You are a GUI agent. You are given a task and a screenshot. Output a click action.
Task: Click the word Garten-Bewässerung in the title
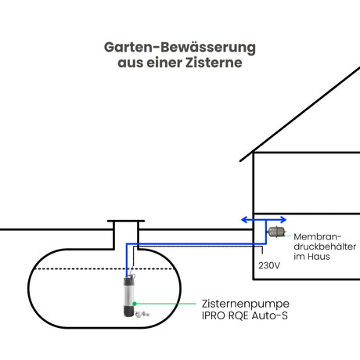coord(180,48)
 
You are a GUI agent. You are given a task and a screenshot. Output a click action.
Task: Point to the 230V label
coord(269,265)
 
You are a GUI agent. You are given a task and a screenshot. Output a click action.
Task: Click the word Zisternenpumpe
coord(246,304)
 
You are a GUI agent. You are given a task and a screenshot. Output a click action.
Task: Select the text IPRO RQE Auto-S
coord(245,315)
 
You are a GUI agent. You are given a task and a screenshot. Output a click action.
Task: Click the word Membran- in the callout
coord(317,237)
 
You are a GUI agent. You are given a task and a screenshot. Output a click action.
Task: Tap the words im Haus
coord(311,257)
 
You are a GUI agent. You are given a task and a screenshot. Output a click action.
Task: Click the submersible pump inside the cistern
coord(129,295)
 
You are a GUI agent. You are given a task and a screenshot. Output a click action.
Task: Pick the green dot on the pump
coord(135,304)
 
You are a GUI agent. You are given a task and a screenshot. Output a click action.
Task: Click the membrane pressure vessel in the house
coord(276,232)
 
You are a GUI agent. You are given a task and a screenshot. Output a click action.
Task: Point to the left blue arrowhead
coord(244,220)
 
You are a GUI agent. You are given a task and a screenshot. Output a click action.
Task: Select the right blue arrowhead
coord(283,220)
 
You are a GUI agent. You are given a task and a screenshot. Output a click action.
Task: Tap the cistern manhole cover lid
coord(126,221)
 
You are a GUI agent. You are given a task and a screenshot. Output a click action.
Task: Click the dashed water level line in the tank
coord(104,268)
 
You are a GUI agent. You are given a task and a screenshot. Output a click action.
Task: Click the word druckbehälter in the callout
coord(325,247)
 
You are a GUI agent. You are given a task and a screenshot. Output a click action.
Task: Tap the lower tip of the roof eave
coord(240,160)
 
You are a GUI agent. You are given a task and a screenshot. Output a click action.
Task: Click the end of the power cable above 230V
coord(262,253)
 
